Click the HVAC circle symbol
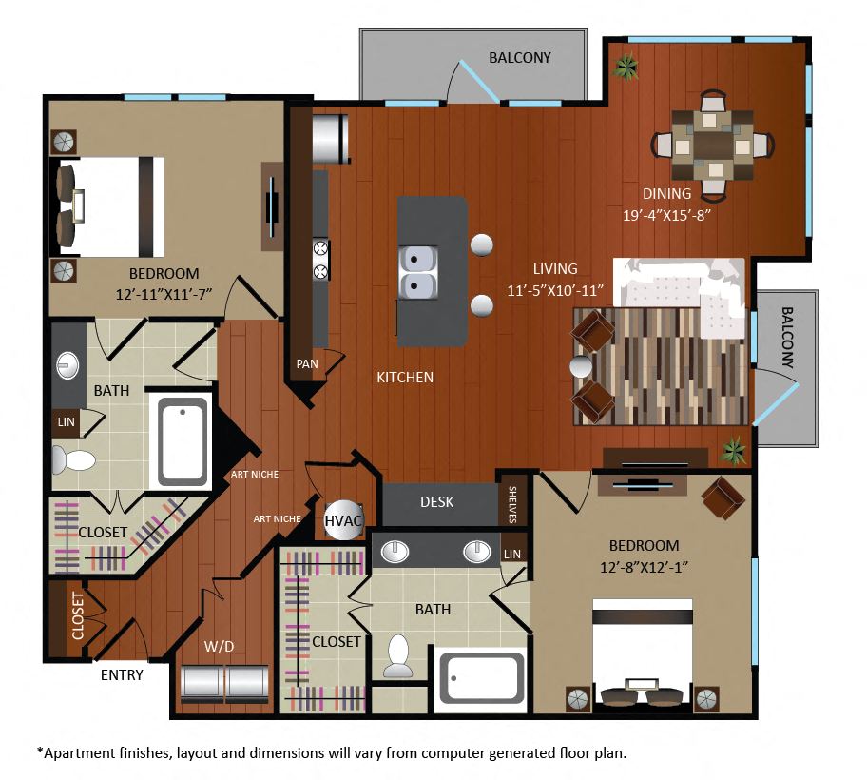point(343,520)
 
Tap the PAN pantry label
point(307,364)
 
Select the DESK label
point(436,501)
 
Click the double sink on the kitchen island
point(418,272)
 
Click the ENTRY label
point(122,675)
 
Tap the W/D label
point(219,646)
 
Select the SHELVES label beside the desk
point(512,504)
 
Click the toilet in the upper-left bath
point(73,460)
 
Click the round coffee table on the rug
point(581,367)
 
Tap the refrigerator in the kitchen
point(330,137)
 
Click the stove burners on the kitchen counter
point(320,260)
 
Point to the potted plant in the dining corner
point(626,67)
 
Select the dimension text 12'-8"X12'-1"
point(645,568)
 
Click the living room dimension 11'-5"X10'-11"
point(555,290)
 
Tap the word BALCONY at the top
point(520,57)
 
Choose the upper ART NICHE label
point(255,474)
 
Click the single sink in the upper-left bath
point(67,365)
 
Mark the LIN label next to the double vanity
point(512,554)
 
